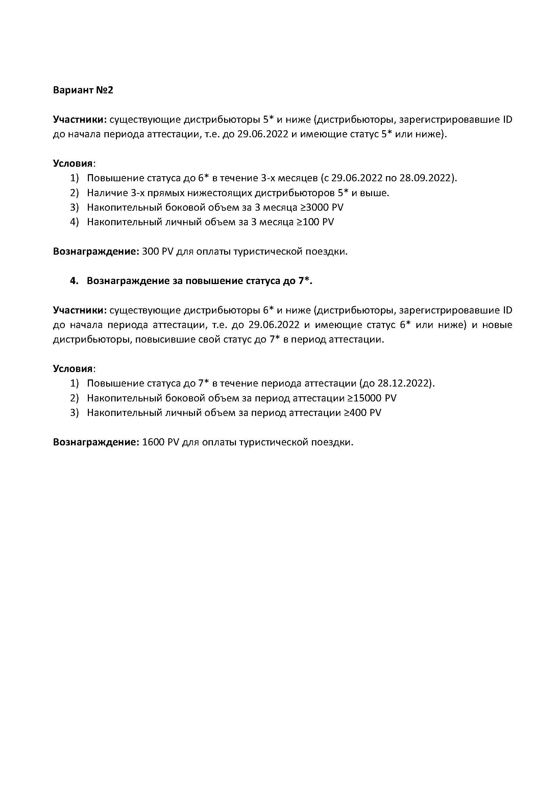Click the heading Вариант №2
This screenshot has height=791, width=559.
(83, 90)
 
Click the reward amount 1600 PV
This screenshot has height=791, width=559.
(161, 442)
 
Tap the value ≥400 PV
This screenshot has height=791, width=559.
(362, 413)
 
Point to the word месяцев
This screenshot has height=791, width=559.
(297, 178)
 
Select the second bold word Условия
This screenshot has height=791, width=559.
(73, 369)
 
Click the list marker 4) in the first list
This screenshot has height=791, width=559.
(74, 222)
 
